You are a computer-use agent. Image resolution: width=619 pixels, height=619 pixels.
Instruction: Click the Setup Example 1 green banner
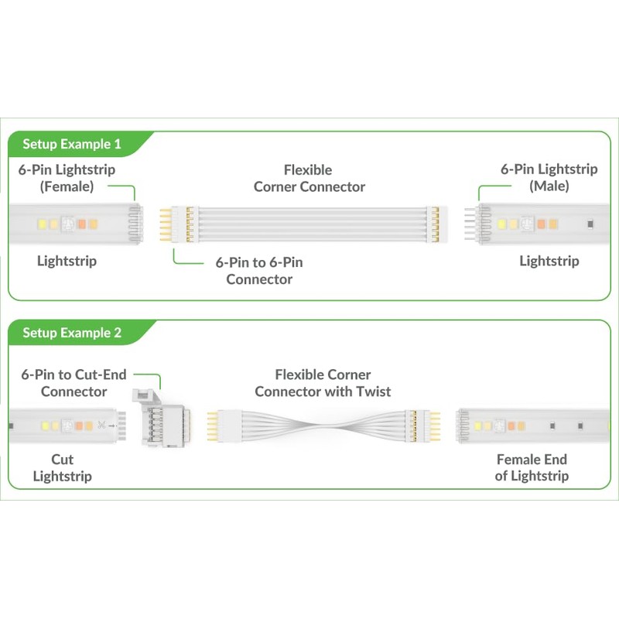pos(72,144)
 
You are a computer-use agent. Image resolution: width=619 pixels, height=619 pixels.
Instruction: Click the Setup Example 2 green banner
pos(72,333)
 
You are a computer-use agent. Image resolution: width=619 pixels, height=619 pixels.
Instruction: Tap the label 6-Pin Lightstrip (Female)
pos(67,177)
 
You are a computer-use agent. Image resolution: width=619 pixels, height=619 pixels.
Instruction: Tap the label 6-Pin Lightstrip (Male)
pos(549,177)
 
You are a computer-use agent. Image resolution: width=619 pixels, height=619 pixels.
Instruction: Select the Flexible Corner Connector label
pos(309,178)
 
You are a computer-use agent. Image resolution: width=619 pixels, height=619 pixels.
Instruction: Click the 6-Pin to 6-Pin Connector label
pos(259,271)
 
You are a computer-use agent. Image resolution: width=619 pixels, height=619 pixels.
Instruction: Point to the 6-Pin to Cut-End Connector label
pos(74,382)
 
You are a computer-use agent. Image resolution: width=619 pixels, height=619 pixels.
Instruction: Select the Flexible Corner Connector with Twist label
pos(323,382)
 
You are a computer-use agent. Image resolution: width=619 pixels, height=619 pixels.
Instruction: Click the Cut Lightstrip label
pos(63,467)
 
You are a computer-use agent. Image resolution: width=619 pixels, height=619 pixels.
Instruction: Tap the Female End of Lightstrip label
pos(532,467)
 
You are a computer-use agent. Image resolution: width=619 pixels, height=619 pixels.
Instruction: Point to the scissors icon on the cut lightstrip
pos(101,426)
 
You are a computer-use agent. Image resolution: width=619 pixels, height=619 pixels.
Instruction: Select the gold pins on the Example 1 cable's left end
pos(166,224)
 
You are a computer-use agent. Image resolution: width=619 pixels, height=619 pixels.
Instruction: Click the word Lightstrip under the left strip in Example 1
pos(67,261)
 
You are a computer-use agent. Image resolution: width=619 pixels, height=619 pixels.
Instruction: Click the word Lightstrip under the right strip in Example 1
pos(549,261)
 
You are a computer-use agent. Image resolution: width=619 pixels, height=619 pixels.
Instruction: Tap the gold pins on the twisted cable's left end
pos(211,424)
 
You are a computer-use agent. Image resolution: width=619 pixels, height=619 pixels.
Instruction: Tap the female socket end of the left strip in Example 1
pos(135,224)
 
